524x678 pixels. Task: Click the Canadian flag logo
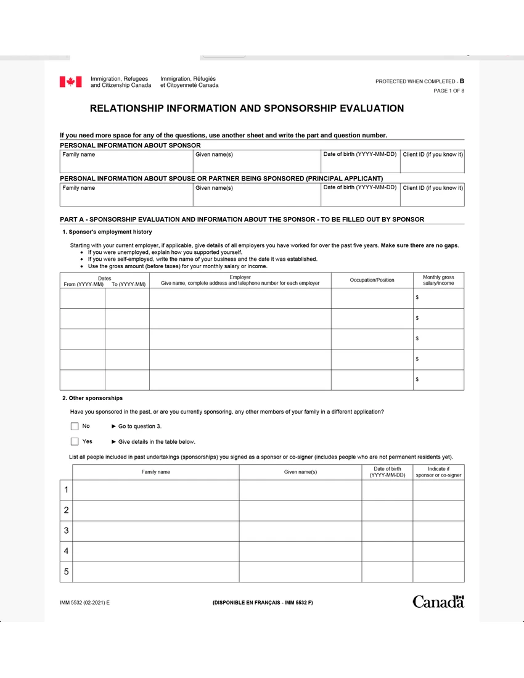coord(70,82)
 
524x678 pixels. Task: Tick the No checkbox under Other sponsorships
coord(75,426)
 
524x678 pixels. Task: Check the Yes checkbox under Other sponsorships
coord(75,441)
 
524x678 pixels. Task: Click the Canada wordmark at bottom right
coord(438,602)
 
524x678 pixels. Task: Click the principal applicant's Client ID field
coord(432,198)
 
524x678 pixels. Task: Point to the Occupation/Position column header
coord(372,280)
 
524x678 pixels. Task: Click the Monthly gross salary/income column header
coord(438,280)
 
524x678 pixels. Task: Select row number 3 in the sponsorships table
coord(66,531)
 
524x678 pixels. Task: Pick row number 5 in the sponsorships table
coord(66,572)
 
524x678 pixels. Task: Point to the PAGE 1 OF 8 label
coord(449,91)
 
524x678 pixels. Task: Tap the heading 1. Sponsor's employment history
coord(107,232)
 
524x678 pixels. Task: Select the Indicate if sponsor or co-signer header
coord(438,472)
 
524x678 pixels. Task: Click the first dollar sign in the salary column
coord(417,298)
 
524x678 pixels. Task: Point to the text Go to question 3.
coord(139,427)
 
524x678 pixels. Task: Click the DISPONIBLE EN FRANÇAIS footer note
coord(262,602)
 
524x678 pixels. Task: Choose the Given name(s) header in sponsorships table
coord(300,472)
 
